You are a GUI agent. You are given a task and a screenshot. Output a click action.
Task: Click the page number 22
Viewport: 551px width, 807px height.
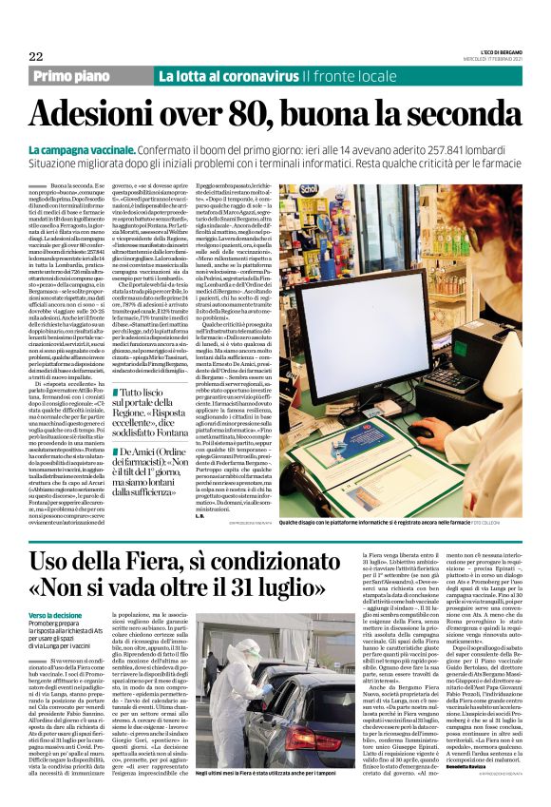click(x=36, y=56)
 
